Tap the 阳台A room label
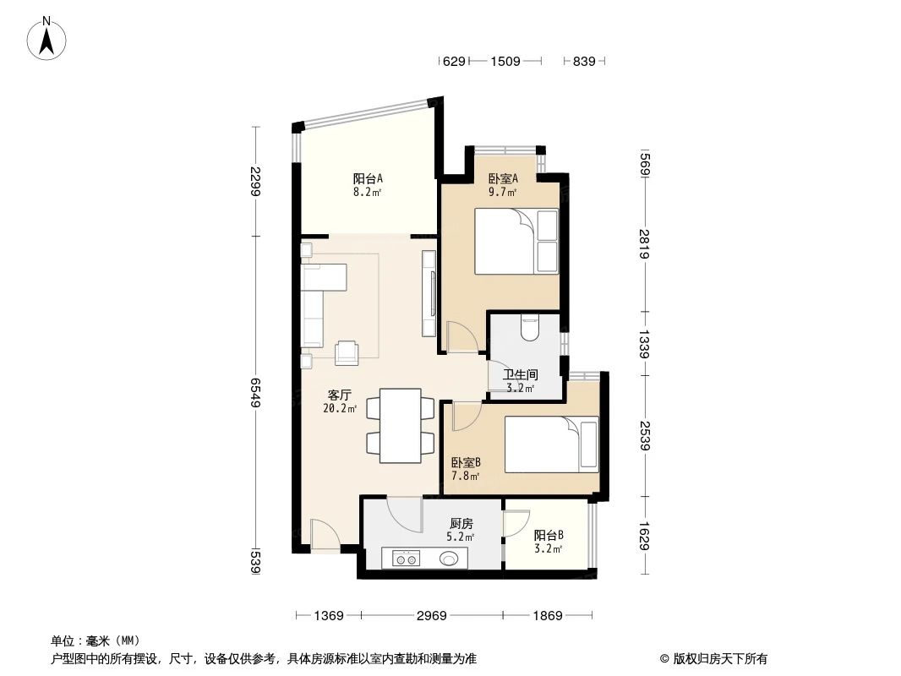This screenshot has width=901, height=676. (368, 178)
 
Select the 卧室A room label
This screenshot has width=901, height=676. (503, 178)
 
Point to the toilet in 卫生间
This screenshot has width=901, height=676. (530, 327)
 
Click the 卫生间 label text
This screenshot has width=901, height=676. (521, 374)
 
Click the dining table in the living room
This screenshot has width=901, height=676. (400, 426)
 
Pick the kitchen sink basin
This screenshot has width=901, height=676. (450, 558)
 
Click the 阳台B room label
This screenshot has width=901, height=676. (549, 536)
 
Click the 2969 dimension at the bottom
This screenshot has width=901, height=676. (430, 616)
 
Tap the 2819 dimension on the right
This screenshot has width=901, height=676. (644, 245)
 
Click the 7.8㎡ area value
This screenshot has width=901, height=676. (465, 476)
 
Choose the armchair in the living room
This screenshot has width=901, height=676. (347, 352)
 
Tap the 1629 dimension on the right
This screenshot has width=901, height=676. (644, 534)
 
